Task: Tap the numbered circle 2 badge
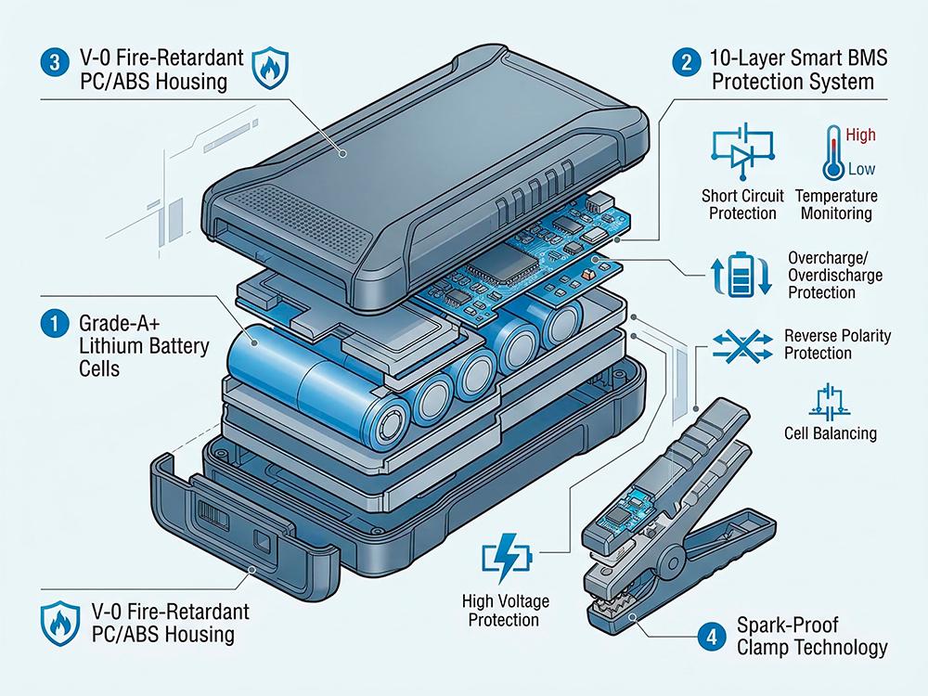[x=685, y=64]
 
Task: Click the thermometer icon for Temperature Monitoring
[x=831, y=154]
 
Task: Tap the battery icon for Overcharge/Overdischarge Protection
[x=738, y=274]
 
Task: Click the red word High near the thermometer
[x=860, y=135]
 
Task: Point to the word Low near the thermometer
[x=860, y=170]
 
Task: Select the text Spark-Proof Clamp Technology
[x=811, y=637]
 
